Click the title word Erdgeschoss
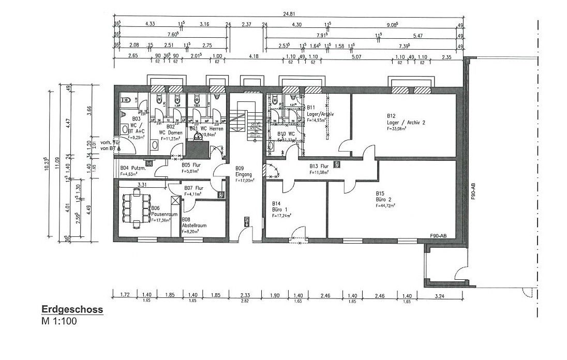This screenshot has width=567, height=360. pyautogui.click(x=72, y=310)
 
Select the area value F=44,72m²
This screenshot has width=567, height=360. pyautogui.click(x=385, y=205)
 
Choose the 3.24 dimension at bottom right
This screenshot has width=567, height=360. pyautogui.click(x=439, y=296)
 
